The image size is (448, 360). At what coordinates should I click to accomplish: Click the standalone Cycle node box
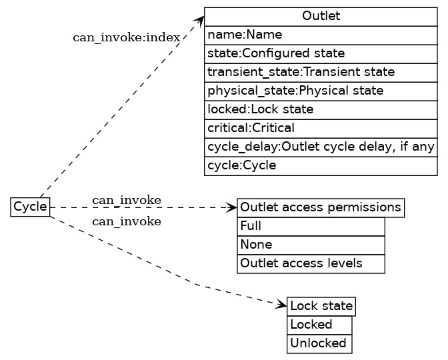(30, 207)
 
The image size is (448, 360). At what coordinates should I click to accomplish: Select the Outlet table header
(321, 16)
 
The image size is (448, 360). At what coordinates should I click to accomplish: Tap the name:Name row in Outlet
(321, 35)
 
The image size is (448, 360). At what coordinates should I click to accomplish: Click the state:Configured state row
(321, 53)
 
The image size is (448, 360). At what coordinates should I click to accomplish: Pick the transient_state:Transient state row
(321, 72)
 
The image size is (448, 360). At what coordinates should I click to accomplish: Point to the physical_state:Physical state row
(321, 91)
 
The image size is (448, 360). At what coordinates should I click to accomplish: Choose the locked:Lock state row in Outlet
(321, 109)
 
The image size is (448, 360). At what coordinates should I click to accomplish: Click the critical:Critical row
(321, 128)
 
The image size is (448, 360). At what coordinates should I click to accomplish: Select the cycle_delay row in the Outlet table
(321, 147)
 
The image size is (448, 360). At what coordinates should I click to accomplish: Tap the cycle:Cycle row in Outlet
(321, 165)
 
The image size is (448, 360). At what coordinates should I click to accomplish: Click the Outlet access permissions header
(321, 208)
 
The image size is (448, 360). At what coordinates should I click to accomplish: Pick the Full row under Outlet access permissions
(311, 227)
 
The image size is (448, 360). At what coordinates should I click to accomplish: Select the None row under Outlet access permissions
(311, 245)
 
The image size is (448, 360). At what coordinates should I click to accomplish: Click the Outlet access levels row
(311, 264)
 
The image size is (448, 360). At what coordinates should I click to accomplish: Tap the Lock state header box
(321, 307)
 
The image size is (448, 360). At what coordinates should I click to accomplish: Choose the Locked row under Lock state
(319, 325)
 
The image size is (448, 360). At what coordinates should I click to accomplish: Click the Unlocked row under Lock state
(319, 343)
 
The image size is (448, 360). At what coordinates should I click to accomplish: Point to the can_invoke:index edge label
(126, 37)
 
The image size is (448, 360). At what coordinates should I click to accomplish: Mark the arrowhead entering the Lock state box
(282, 305)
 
